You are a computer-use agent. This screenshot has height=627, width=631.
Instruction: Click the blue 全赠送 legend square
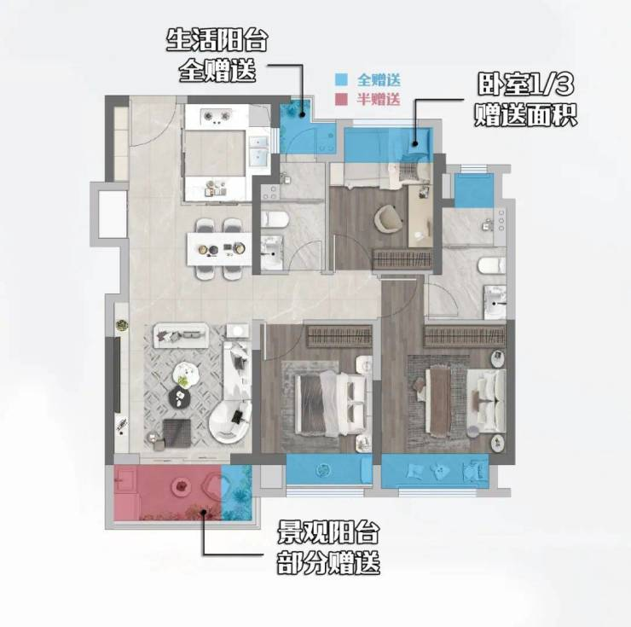[341, 79]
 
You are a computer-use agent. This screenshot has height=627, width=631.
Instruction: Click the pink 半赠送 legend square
[341, 99]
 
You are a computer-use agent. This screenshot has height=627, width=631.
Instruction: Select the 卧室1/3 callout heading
[526, 84]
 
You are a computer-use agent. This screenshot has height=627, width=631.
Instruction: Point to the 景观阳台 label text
[328, 532]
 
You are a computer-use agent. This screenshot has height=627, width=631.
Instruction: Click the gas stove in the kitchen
[217, 116]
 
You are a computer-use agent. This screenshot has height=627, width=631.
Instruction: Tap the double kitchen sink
[258, 151]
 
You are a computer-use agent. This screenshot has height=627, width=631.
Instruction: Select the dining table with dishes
[219, 249]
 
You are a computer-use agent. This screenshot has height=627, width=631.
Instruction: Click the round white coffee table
[186, 374]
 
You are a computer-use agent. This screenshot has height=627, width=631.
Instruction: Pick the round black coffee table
[181, 397]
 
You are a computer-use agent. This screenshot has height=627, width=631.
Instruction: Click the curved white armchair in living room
[229, 422]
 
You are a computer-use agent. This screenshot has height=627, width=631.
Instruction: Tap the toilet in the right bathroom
[491, 266]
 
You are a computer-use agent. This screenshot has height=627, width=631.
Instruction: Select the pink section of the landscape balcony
[167, 492]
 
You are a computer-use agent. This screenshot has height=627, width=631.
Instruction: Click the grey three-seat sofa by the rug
[180, 335]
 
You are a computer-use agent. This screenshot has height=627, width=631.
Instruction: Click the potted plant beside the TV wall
[122, 325]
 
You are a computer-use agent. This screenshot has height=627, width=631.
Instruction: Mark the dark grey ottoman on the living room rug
[177, 433]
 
